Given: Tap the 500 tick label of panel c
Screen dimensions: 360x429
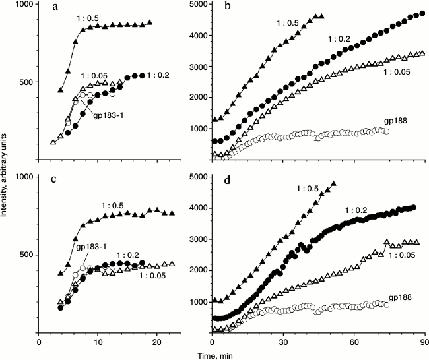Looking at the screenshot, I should (x=28, y=255).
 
